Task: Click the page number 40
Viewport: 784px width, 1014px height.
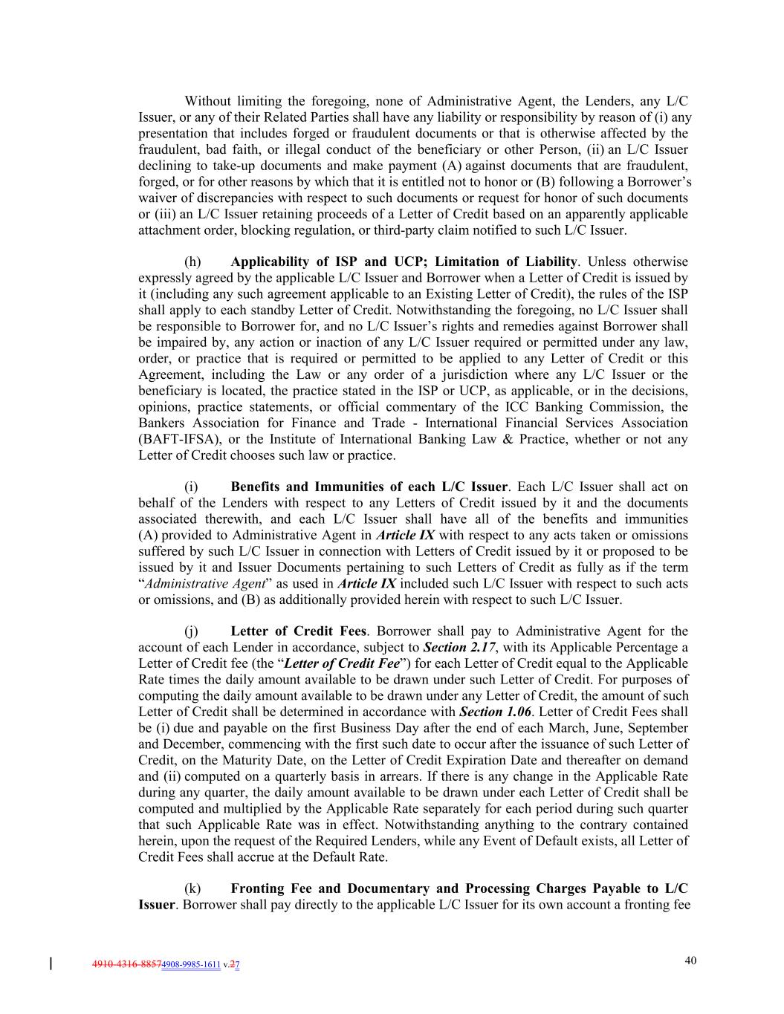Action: (690, 961)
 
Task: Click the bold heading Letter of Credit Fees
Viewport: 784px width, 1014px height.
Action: (298, 631)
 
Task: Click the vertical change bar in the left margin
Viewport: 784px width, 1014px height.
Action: (51, 964)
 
